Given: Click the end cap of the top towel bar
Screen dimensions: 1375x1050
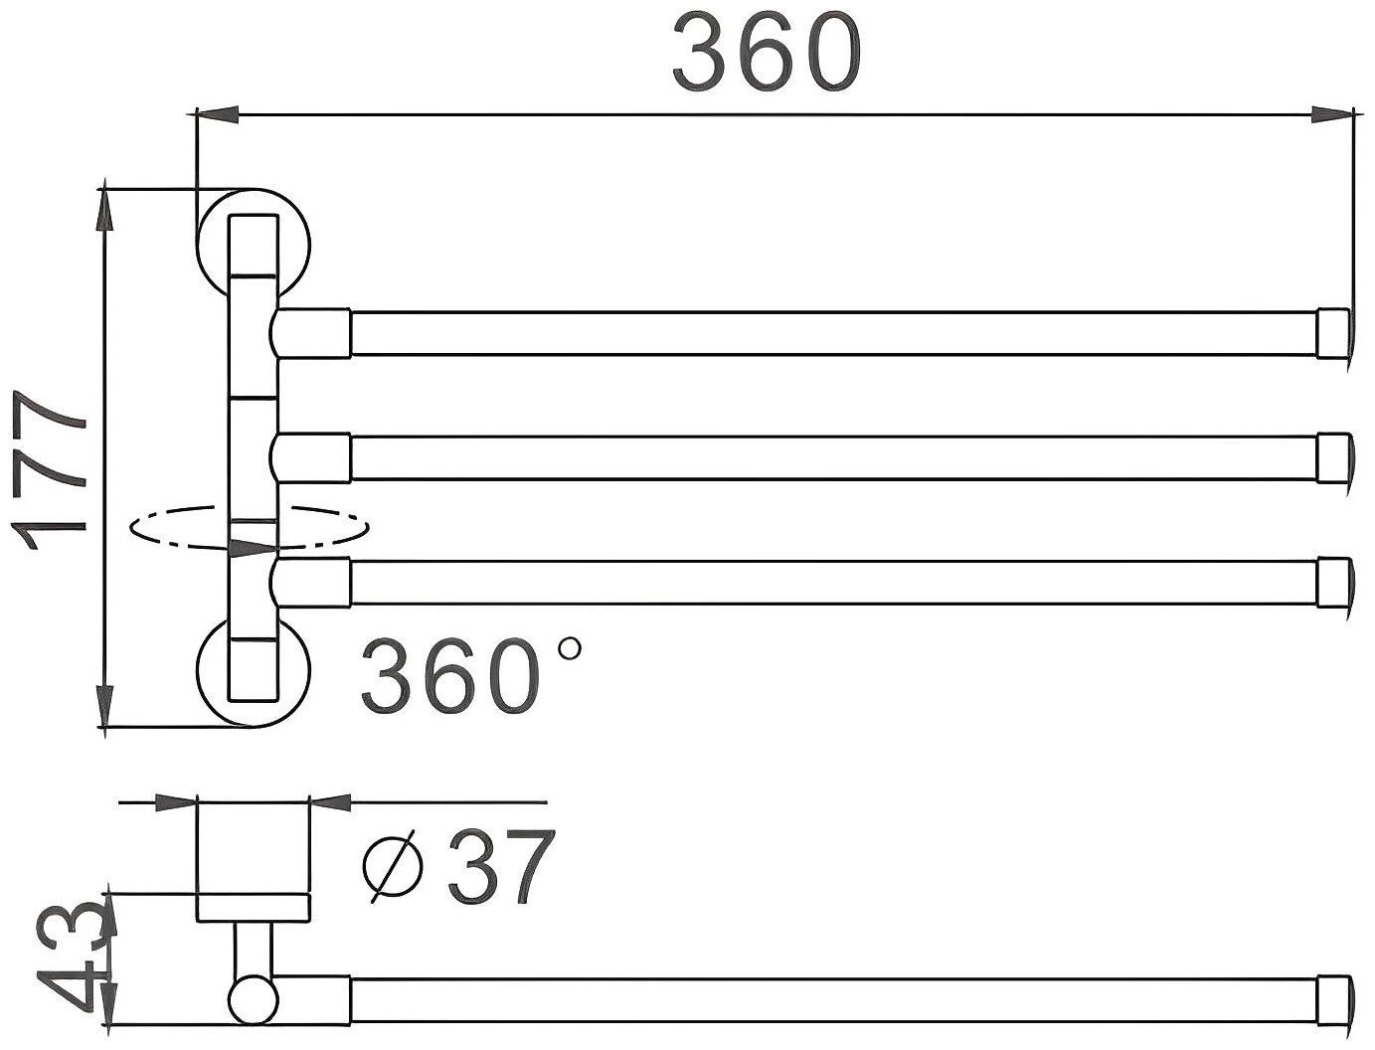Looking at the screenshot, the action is [x=1333, y=333].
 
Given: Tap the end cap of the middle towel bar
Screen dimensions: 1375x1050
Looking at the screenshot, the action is [x=1333, y=456].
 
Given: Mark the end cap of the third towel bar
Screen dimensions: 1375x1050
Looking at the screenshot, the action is [x=1333, y=582].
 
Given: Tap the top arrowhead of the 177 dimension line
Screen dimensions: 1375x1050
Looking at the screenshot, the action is [x=104, y=210].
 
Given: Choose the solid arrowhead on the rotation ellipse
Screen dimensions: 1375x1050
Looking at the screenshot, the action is [x=251, y=548].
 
